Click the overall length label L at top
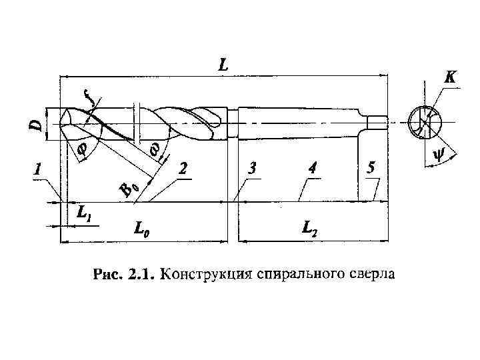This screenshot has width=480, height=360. [x=223, y=65]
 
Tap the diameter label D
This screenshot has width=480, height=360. [x=38, y=123]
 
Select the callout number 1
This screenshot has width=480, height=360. [x=39, y=170]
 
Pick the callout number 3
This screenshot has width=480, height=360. [x=252, y=169]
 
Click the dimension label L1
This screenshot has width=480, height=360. [x=84, y=214]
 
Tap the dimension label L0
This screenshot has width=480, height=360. [x=141, y=230]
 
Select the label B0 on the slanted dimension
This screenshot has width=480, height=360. [x=129, y=189]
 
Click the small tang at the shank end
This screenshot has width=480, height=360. [x=377, y=123]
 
